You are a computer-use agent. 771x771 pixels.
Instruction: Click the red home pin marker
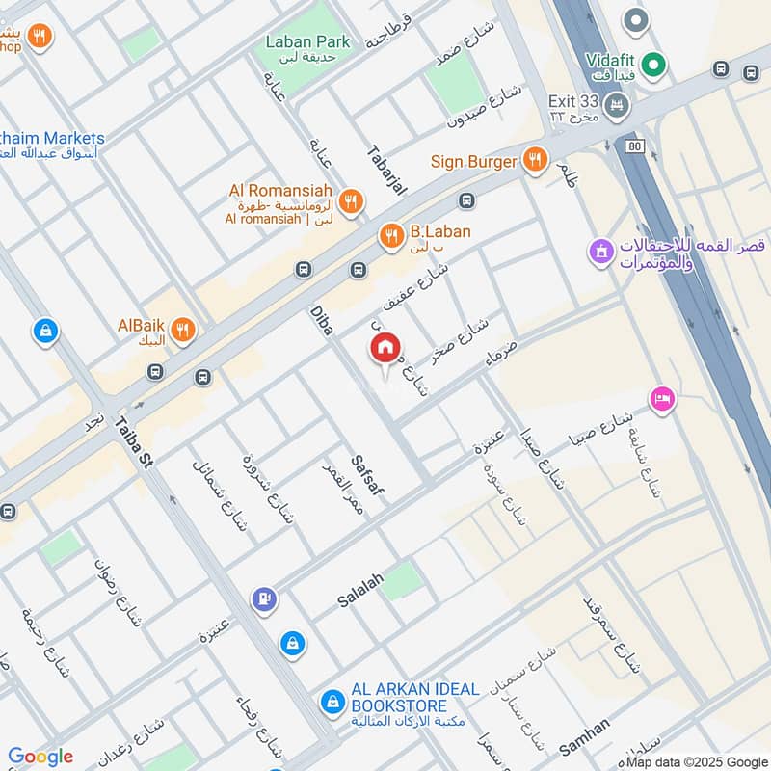[385, 348]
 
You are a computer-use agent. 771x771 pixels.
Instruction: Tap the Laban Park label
[308, 41]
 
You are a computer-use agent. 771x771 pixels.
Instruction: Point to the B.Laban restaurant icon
[390, 234]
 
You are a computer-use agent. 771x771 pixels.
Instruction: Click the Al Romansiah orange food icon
[352, 201]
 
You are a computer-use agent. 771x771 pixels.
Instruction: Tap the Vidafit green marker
[655, 66]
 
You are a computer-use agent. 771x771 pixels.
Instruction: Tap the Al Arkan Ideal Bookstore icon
[332, 701]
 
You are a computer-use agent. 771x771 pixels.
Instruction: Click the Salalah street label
[360, 589]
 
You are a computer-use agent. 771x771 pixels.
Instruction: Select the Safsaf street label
[369, 475]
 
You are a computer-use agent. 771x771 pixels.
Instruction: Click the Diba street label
[321, 320]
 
